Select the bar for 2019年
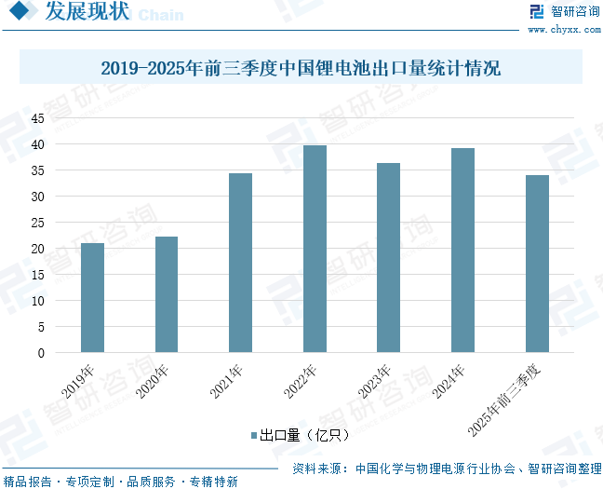point(92,298)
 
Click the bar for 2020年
point(167,294)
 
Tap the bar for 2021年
point(240,263)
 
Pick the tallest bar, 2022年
point(315,249)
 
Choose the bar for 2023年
point(389,258)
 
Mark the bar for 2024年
point(462,251)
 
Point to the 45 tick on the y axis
point(38,118)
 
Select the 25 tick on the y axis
point(38,223)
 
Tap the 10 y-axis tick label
point(38,301)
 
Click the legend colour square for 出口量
point(252,435)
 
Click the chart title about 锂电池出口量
point(301,68)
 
